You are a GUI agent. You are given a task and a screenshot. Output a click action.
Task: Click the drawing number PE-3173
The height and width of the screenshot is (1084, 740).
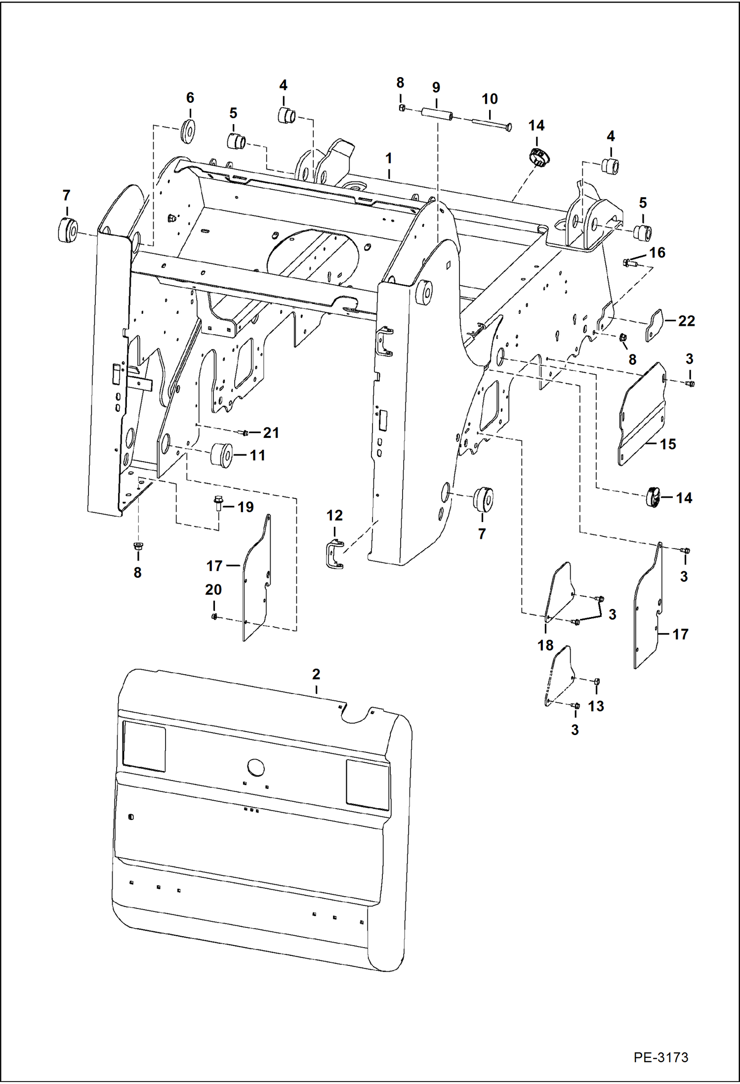click(x=660, y=1057)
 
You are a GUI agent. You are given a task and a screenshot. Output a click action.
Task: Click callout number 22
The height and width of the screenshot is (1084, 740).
click(x=686, y=321)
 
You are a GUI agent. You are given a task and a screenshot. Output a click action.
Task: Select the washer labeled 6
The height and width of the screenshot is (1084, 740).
click(x=188, y=131)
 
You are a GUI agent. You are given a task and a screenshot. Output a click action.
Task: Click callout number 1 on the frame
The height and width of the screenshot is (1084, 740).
click(x=389, y=159)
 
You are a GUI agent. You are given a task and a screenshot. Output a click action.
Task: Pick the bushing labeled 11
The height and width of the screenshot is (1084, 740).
click(x=221, y=455)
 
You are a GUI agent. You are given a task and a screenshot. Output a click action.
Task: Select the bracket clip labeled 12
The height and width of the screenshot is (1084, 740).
click(x=334, y=555)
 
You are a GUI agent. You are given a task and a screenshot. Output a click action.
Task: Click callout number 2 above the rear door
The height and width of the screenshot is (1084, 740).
click(x=316, y=674)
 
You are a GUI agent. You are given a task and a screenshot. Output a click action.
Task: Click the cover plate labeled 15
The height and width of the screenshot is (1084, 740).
click(x=641, y=415)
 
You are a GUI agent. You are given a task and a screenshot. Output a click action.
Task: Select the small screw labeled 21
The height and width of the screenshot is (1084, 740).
click(x=245, y=433)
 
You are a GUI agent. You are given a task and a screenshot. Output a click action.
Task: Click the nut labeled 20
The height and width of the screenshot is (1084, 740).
click(x=214, y=616)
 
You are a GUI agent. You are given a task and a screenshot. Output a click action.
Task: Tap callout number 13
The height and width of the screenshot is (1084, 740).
click(x=596, y=706)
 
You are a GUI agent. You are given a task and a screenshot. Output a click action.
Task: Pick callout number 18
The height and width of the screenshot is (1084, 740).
click(x=545, y=645)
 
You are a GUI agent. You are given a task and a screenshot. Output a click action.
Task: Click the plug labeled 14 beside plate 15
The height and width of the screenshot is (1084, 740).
click(x=653, y=497)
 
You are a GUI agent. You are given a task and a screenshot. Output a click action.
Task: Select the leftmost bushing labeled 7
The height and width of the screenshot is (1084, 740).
click(x=67, y=230)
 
